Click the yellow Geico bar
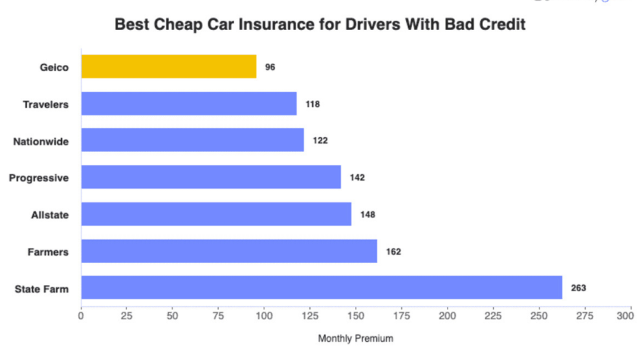click(x=169, y=66)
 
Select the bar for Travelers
click(x=189, y=104)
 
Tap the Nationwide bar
click(x=192, y=140)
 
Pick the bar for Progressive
click(x=211, y=177)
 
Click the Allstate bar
click(x=216, y=214)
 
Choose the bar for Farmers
click(x=229, y=251)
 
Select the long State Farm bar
click(x=321, y=287)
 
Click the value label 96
click(x=270, y=67)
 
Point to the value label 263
click(x=578, y=288)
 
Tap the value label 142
click(x=357, y=177)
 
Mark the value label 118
click(x=312, y=104)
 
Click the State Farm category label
click(x=41, y=289)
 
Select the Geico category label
click(x=54, y=67)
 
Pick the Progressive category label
click(x=39, y=178)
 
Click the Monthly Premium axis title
click(x=356, y=339)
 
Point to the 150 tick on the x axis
click(x=356, y=317)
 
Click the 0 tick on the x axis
click(x=81, y=317)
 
